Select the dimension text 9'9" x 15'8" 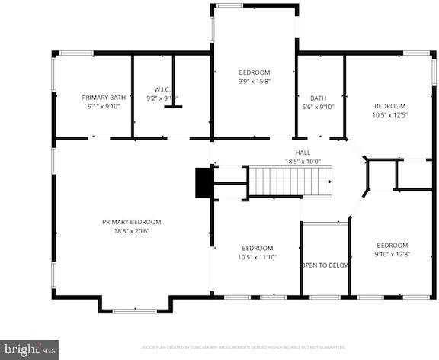tap(254, 82)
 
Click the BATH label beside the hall tap(318, 98)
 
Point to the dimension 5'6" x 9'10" tap(318, 107)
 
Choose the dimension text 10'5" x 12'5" tap(389, 115)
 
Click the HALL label tap(303, 153)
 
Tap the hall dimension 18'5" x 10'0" tap(303, 162)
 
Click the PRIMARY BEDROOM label tap(132, 222)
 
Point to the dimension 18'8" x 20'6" tap(132, 231)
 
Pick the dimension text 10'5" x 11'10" tap(258, 257)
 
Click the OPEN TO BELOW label tap(325, 265)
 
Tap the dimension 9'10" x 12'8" tap(393, 254)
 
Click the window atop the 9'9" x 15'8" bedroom tap(254, 6)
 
